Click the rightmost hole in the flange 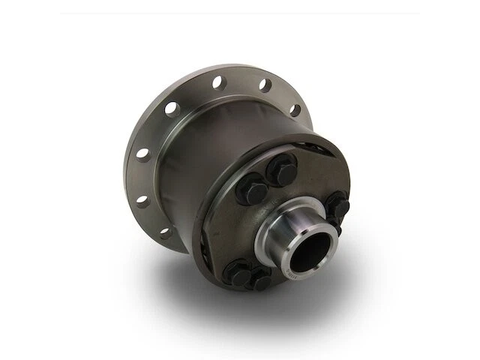pos(295,110)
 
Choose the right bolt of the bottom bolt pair pos(262,282)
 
